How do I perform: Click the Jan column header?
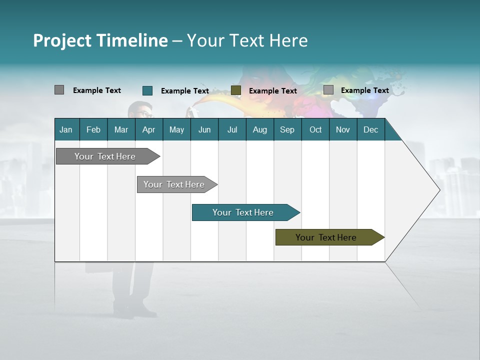pos(66,129)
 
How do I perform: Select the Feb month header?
pos(93,129)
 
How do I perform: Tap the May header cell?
pos(176,129)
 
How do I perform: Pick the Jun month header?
pos(204,129)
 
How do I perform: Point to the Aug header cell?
pos(259,129)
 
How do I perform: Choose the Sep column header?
pos(287,129)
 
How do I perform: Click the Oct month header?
pos(315,129)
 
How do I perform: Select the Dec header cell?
pos(370,129)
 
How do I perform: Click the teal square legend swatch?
pos(147,90)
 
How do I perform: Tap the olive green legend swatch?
pos(236,90)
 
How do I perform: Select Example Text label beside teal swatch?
pos(184,91)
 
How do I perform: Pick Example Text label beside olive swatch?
pos(272,91)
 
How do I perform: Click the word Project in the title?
pos(63,40)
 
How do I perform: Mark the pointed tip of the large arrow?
pos(439,190)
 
